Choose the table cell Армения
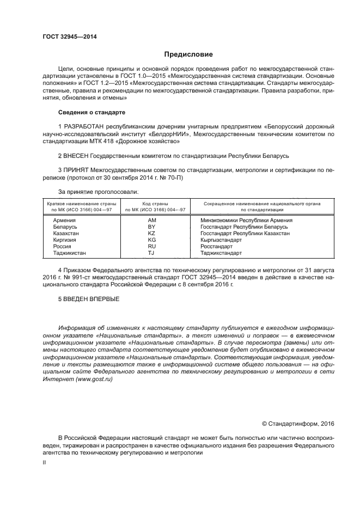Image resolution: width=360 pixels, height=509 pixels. point(64,220)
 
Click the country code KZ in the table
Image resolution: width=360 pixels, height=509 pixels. point(152,233)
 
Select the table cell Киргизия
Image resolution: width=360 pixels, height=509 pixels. point(65,240)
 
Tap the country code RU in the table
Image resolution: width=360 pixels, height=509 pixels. point(152,246)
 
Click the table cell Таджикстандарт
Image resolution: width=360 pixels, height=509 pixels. point(221,253)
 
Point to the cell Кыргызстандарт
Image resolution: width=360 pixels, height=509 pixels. point(221,240)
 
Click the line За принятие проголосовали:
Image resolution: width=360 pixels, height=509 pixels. point(98,192)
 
